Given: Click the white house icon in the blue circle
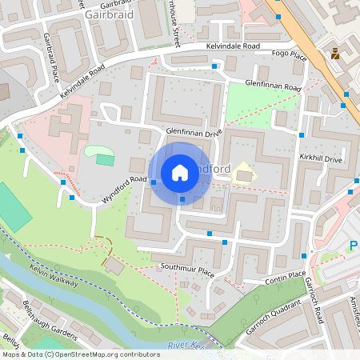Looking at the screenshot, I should [x=180, y=173].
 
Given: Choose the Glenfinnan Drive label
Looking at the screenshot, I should [x=193, y=133].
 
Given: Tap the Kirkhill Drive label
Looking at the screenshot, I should [x=321, y=160].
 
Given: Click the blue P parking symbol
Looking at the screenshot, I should [x=354, y=246].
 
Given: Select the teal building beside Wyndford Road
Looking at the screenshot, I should [x=105, y=159].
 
